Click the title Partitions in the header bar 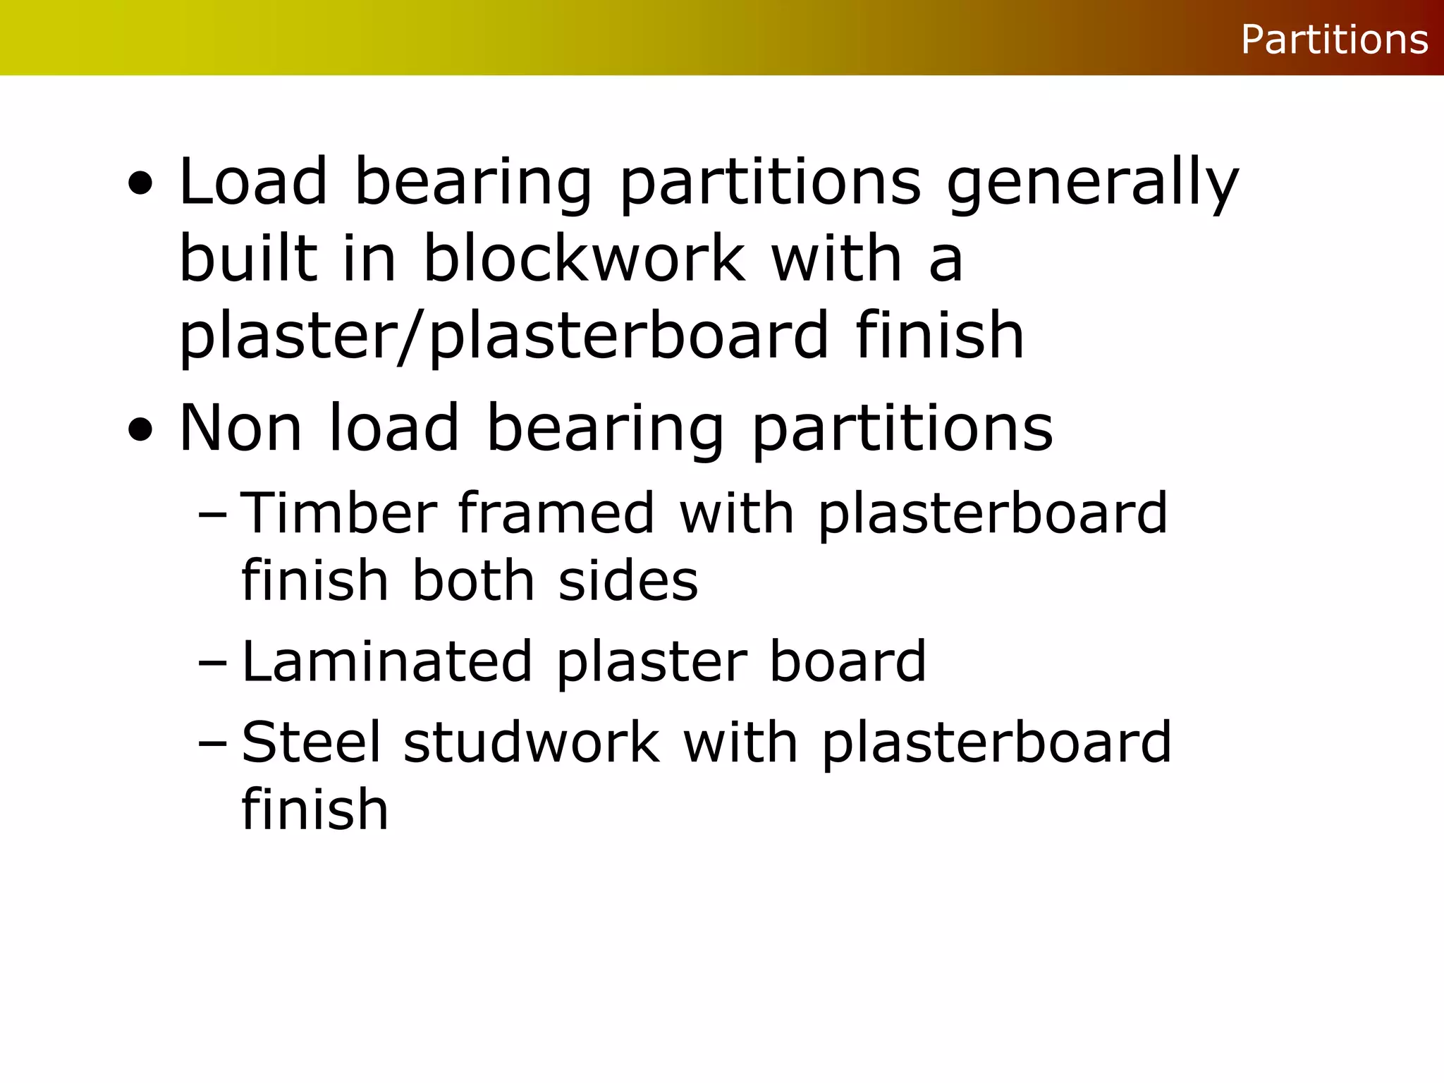(x=1334, y=39)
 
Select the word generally (x=1092, y=183)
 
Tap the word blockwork (x=584, y=259)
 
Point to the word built (x=248, y=259)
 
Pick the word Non (x=240, y=428)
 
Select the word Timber (x=338, y=513)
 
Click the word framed (x=556, y=513)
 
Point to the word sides (x=628, y=581)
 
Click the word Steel (x=311, y=742)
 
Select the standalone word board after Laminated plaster (x=848, y=661)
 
